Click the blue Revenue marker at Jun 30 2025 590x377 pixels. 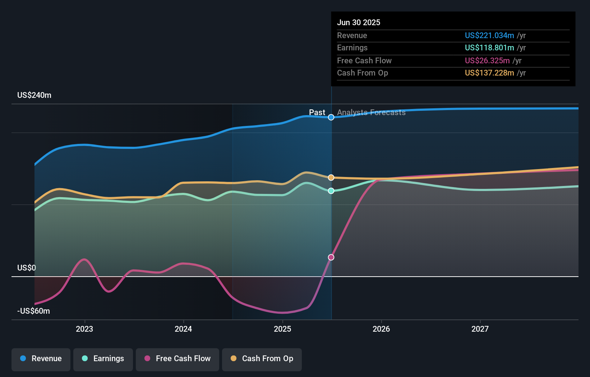point(331,117)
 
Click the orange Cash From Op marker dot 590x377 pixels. point(331,178)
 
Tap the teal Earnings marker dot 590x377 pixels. point(331,191)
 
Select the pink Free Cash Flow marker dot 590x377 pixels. point(331,257)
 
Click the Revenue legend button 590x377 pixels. point(41,359)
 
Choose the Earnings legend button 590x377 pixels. point(103,359)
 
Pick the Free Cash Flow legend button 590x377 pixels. point(178,359)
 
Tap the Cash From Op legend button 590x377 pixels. point(262,359)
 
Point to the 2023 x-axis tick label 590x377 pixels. point(84,329)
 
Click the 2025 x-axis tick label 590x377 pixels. point(282,329)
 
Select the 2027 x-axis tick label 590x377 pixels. point(480,329)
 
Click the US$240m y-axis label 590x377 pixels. point(34,95)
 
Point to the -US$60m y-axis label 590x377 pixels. point(33,311)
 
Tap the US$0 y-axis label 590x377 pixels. point(27,268)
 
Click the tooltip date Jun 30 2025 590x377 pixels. point(358,22)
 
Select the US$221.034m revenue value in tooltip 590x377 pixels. point(489,35)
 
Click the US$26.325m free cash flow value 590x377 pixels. point(487,60)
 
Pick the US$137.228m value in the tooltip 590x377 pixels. point(489,73)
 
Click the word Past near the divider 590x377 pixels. point(317,113)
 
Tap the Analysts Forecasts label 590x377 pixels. point(371,113)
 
